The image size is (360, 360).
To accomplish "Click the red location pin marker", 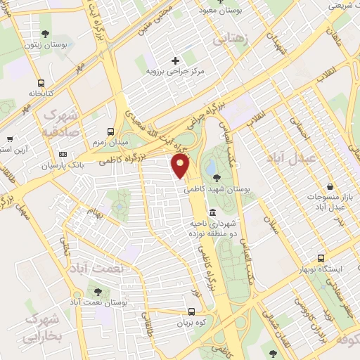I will click(181, 166).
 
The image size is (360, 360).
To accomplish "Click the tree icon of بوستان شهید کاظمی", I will click(215, 177).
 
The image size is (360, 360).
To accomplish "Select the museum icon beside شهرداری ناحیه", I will click(212, 212).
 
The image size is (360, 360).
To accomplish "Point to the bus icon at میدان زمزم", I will click(110, 131).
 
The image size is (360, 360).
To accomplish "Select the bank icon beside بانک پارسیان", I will click(63, 154).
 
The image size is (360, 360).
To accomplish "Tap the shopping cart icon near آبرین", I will click(8, 139).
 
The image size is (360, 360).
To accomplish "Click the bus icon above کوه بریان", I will click(192, 311).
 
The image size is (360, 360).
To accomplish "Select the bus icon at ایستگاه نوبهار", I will click(321, 258).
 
